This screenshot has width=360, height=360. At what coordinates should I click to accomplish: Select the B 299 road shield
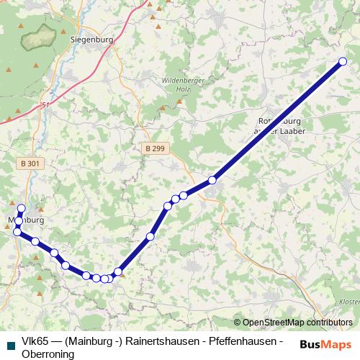(x=152, y=147)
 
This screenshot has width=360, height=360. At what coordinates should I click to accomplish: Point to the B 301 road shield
(x=30, y=163)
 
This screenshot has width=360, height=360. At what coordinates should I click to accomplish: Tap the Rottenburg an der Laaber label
(x=282, y=126)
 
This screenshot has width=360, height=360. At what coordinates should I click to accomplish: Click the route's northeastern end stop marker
(x=342, y=62)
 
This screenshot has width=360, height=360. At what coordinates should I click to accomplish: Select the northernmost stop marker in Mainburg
(x=22, y=208)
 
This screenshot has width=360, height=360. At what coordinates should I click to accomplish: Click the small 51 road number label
(x=47, y=105)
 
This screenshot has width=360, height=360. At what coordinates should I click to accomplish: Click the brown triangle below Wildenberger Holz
(x=179, y=102)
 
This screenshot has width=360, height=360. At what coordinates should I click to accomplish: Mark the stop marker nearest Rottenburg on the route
(x=212, y=180)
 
